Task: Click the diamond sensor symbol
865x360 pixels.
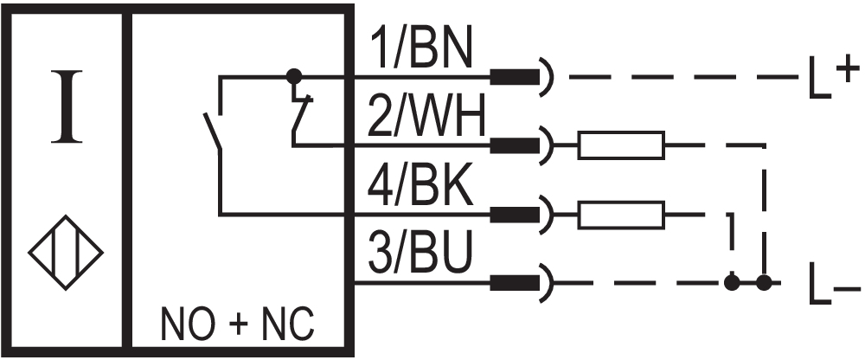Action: [x=66, y=253]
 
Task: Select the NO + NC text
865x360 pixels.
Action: [x=238, y=327]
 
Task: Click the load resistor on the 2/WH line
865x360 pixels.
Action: [x=621, y=145]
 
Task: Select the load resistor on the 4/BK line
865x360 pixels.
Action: [x=621, y=214]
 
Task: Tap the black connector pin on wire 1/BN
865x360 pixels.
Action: [x=511, y=77]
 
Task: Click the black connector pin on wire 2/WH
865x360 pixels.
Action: [x=511, y=145]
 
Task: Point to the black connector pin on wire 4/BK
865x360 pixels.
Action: [x=511, y=214]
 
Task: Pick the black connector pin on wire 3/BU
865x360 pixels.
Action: [x=511, y=282]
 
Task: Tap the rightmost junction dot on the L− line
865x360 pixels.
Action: [x=763, y=282]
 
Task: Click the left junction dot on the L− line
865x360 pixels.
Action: [x=732, y=282]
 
